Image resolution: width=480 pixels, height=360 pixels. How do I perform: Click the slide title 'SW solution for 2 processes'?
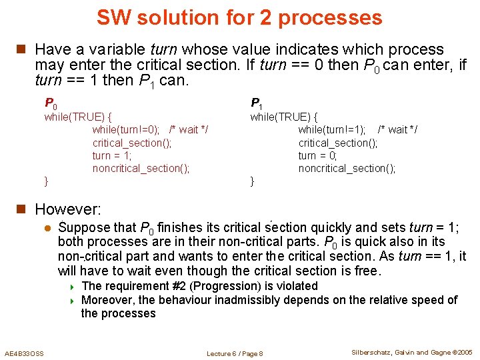coord(239,17)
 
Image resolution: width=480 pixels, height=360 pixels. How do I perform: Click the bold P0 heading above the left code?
coord(51,103)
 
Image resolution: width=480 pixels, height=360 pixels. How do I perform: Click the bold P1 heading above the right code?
coord(257,103)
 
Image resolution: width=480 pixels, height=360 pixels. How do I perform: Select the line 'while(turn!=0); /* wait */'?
coord(150,129)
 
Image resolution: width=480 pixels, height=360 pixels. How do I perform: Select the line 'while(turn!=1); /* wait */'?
coord(357,129)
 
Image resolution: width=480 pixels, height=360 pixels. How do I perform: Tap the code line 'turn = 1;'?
coord(112,155)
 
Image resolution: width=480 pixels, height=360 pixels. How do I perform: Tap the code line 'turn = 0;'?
coord(318,155)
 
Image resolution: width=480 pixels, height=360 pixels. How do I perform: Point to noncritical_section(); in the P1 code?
coord(347,169)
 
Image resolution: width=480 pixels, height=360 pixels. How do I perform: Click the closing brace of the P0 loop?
coord(46,181)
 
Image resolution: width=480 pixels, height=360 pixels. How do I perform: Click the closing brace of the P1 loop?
coord(252,181)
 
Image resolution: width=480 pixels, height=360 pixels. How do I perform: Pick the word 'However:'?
coord(68,209)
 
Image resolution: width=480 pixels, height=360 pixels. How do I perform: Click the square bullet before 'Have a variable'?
coord(23,50)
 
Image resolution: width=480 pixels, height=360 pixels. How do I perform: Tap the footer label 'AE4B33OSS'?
coord(24,353)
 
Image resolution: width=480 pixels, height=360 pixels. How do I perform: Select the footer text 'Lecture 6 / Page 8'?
coord(235,353)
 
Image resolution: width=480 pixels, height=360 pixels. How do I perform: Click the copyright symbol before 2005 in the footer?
coord(454,352)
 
